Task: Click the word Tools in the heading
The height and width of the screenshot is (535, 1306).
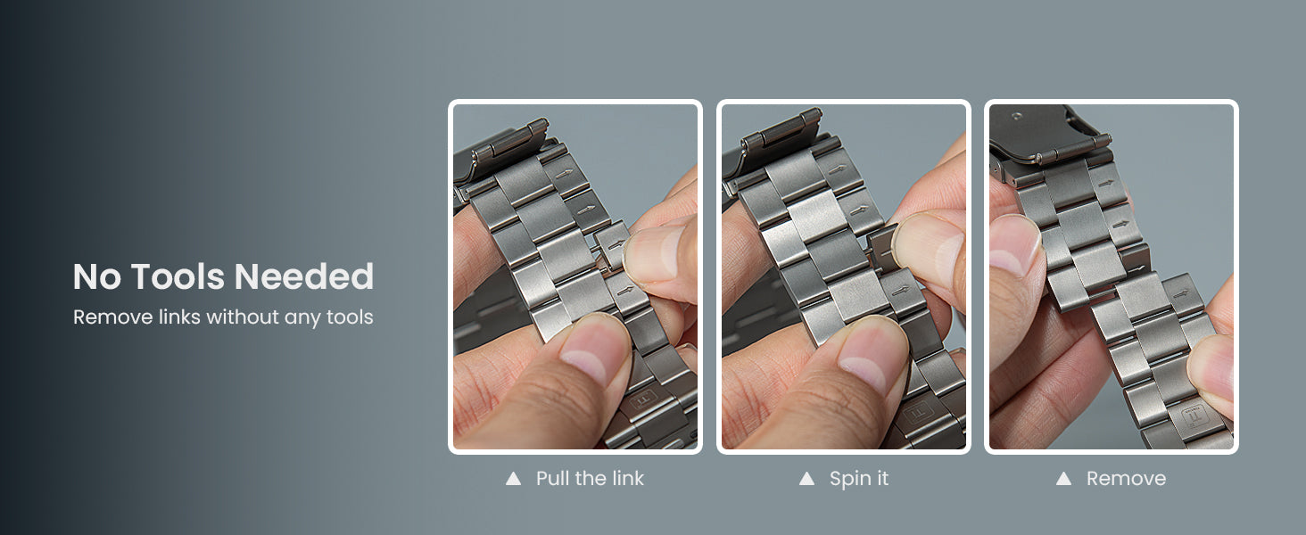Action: pyautogui.click(x=178, y=276)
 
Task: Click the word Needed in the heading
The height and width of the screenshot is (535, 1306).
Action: pyautogui.click(x=304, y=276)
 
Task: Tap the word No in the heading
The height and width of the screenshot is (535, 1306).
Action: pyautogui.click(x=96, y=276)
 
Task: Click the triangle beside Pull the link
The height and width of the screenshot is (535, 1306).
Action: pyautogui.click(x=513, y=479)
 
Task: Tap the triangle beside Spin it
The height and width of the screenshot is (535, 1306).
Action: pyautogui.click(x=806, y=479)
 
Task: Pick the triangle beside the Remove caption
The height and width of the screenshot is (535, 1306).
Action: pyautogui.click(x=1063, y=479)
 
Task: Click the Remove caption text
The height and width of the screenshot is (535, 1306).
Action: pyautogui.click(x=1126, y=479)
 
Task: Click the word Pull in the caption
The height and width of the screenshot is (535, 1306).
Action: pyautogui.click(x=552, y=479)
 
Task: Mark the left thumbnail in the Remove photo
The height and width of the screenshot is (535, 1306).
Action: pyautogui.click(x=1015, y=245)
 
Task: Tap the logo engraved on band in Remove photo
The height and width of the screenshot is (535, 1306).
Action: pyautogui.click(x=1194, y=416)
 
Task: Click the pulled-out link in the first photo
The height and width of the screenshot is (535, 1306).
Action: pyautogui.click(x=612, y=244)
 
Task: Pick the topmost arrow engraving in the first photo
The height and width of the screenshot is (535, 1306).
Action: pyautogui.click(x=565, y=173)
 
